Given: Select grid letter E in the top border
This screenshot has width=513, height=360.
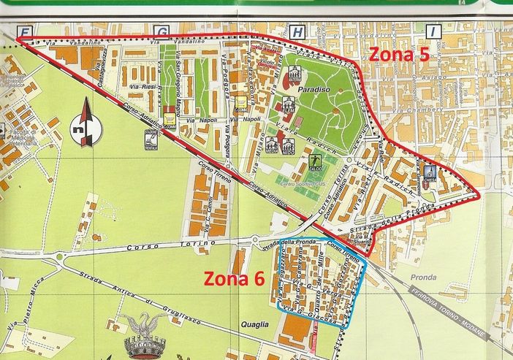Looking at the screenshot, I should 26,31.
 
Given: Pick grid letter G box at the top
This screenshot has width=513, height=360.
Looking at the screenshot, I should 161,31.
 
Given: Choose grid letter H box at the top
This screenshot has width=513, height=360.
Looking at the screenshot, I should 297,31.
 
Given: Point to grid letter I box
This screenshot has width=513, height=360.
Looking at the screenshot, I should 433,31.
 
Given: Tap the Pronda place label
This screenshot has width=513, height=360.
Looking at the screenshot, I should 423,277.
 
